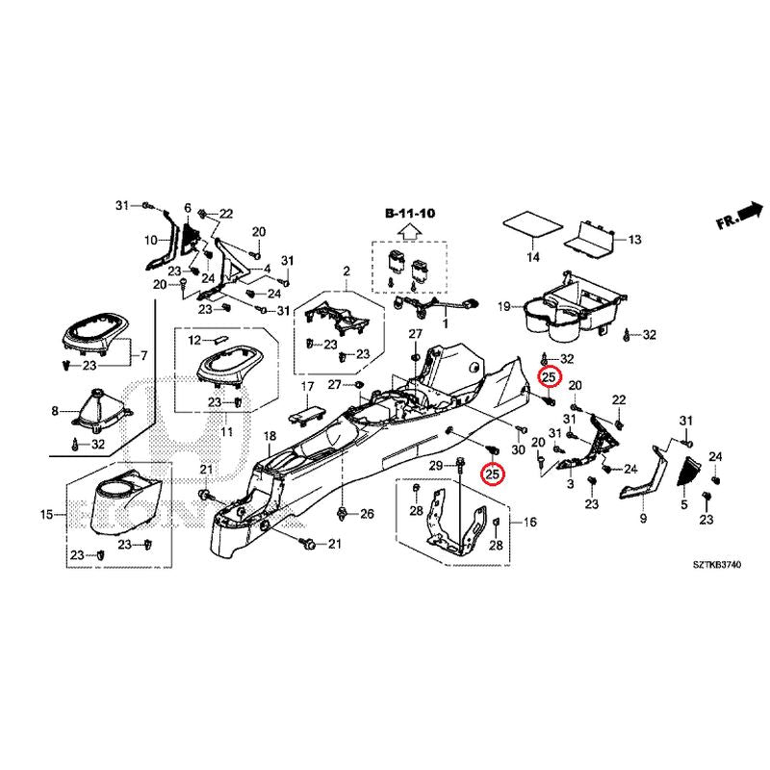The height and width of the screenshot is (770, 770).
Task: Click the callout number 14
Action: point(532,257)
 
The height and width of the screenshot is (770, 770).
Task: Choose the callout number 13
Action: point(634,239)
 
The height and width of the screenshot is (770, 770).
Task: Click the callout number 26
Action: point(366,515)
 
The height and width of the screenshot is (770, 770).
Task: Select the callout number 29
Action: point(434,467)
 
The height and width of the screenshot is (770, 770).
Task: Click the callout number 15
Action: point(46,516)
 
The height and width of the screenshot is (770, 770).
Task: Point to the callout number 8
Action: point(55,411)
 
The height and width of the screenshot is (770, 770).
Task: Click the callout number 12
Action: point(193,341)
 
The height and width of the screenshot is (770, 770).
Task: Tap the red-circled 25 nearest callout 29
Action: point(493,474)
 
